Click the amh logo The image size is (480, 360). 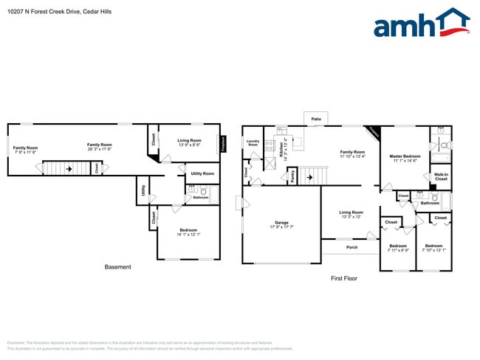click(421, 24)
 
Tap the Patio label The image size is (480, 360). click(316, 118)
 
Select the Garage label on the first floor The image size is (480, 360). click(281, 222)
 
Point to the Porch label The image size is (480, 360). click(352, 247)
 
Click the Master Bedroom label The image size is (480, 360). click(405, 156)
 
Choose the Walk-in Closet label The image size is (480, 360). click(441, 177)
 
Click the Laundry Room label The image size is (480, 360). click(253, 143)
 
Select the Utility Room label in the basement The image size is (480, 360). click(202, 173)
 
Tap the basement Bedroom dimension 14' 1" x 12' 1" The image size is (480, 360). click(189, 235)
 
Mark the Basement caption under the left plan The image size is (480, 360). click(117, 267)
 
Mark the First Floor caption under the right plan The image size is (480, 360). click(343, 279)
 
